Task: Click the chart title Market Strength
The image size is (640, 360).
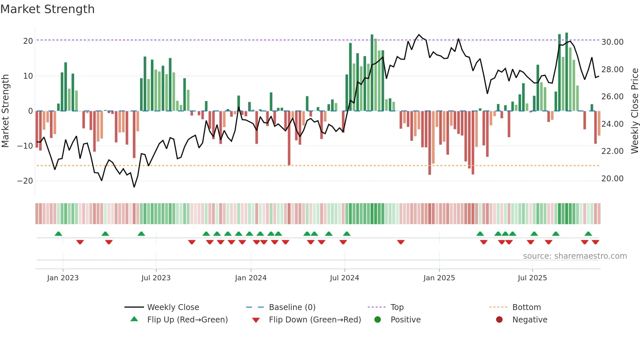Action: click(x=47, y=9)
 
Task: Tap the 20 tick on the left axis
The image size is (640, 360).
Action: click(x=28, y=41)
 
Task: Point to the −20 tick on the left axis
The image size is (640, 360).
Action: click(x=25, y=181)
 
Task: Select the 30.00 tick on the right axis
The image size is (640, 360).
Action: click(x=612, y=42)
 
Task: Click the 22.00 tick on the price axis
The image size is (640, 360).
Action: click(x=612, y=151)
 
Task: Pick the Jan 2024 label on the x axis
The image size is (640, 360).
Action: click(x=250, y=278)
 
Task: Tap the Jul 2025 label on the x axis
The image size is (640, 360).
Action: click(x=532, y=278)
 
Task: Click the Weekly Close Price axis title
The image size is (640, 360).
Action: click(x=634, y=111)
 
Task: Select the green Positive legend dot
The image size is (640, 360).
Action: click(x=377, y=320)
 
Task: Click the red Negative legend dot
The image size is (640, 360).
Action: click(x=499, y=320)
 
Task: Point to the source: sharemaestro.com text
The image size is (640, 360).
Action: click(x=575, y=256)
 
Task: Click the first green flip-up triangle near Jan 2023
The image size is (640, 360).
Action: click(x=58, y=234)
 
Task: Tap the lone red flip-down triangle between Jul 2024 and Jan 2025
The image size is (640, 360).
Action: click(x=401, y=242)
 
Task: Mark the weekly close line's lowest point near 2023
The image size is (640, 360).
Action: click(x=134, y=187)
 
